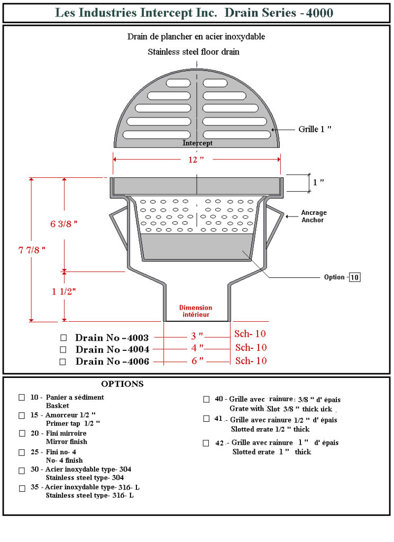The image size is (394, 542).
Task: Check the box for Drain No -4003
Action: tap(63, 337)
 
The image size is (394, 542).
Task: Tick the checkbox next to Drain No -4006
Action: tap(62, 362)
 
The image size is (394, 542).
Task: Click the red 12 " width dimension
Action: tap(196, 160)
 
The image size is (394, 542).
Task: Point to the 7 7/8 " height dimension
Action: tap(32, 250)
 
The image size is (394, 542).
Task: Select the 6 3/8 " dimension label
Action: tap(63, 224)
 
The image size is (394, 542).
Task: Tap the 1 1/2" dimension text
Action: tap(64, 292)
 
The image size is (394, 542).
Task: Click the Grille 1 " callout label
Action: tap(315, 129)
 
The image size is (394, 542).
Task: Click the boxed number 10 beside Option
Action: tap(355, 277)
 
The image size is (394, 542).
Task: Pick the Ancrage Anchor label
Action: tap(314, 216)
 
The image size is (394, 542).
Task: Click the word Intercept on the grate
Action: tap(197, 143)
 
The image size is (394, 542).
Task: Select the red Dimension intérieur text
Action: tap(196, 311)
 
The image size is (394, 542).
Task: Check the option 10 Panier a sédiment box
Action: tap(22, 398)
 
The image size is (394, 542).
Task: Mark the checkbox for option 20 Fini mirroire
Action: tap(22, 433)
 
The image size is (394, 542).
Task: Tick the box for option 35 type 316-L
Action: tap(22, 489)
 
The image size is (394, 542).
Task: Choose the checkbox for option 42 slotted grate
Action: tap(206, 443)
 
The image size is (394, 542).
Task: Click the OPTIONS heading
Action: tap(122, 384)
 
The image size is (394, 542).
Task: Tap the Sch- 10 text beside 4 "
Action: tap(251, 347)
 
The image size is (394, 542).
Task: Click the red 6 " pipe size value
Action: tap(197, 361)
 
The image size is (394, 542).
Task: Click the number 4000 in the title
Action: tap(319, 13)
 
